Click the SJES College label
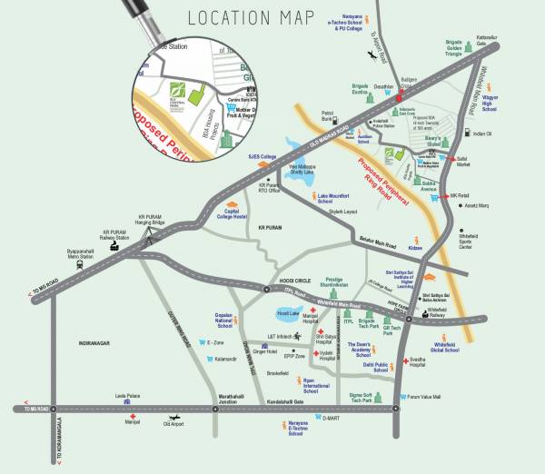click(263, 156)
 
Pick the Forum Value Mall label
click(423, 397)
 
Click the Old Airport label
click(173, 423)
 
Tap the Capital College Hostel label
click(230, 214)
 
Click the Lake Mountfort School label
click(334, 198)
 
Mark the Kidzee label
click(414, 247)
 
